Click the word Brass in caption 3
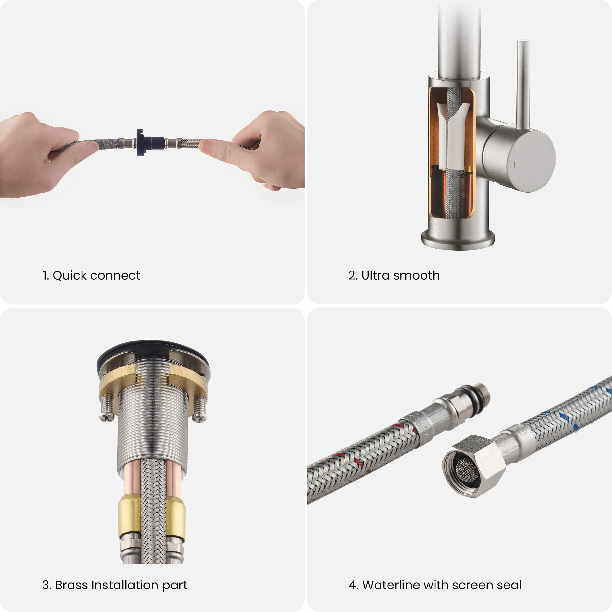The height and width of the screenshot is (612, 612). click(x=71, y=585)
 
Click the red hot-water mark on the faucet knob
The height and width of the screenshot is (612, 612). click(x=514, y=165)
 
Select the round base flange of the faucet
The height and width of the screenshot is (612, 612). click(x=458, y=240)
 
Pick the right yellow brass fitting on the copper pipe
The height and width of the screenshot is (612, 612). click(x=176, y=519)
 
